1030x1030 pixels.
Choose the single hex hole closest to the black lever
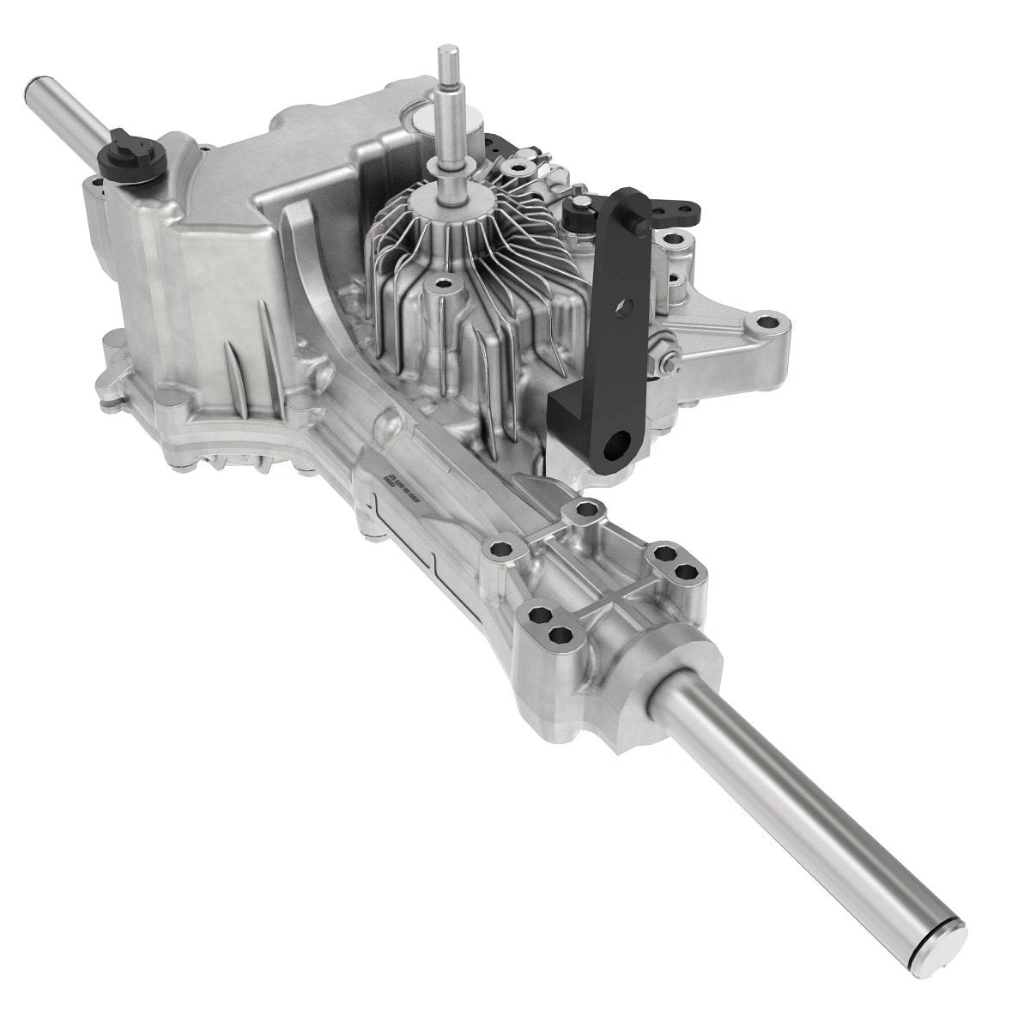pos(588,512)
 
